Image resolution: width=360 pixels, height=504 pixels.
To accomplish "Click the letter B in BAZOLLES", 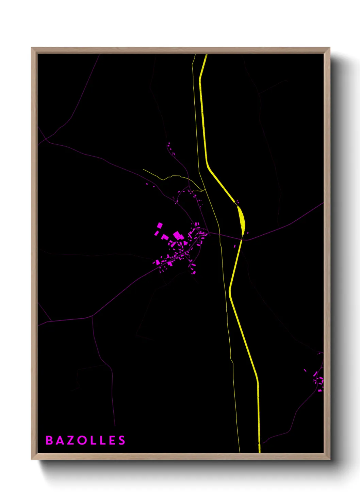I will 49,440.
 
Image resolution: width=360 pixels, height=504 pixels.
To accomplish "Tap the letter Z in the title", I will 71,440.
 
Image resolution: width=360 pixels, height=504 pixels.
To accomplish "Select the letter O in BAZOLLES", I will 82,440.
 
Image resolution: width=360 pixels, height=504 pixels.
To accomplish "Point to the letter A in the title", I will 60,440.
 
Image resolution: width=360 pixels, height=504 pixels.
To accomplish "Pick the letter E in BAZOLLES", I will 112,440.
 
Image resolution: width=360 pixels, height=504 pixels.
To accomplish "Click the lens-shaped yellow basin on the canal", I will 242,220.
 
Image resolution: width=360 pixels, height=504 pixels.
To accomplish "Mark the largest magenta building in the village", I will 177,235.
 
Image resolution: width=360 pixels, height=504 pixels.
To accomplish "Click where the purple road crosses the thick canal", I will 242,239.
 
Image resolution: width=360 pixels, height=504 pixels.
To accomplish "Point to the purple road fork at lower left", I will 92,317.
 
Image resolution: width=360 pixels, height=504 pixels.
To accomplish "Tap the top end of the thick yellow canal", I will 206,55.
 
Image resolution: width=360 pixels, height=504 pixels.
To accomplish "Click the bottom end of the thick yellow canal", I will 260,452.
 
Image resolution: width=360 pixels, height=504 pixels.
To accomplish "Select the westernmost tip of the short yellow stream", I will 143,169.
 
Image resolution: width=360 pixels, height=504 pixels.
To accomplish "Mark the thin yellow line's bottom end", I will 240,452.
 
